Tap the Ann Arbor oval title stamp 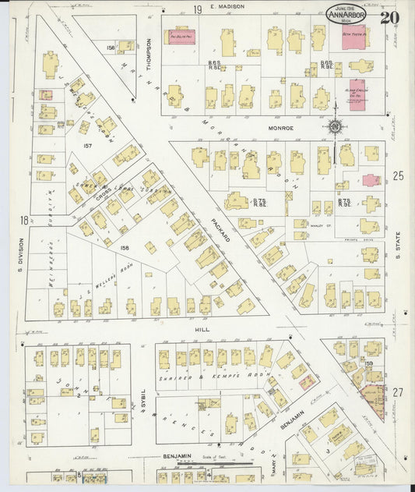[x=346, y=12]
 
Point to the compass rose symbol [x=335, y=127]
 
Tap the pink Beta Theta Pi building [x=357, y=36]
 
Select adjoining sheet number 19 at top [x=198, y=9]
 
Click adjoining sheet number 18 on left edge [x=24, y=221]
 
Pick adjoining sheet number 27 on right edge [x=398, y=392]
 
